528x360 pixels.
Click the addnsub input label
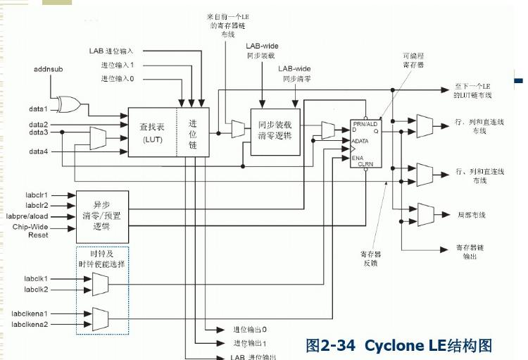[49, 69]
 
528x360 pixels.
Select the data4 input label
[39, 151]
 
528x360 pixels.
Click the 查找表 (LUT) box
[152, 132]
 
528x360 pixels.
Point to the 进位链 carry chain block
[192, 132]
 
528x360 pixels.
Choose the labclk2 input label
[36, 290]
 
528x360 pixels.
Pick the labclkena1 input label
[30, 313]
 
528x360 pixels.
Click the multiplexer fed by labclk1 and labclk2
[100, 285]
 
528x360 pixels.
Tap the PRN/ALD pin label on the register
[365, 124]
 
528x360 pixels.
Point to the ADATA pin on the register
[361, 141]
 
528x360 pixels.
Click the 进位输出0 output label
[250, 329]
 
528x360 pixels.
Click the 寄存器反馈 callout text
[372, 259]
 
